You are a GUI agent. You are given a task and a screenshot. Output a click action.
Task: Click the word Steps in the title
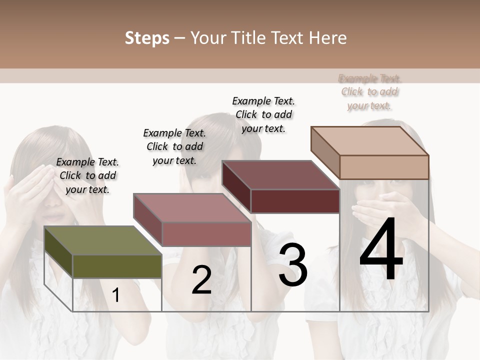point(147,38)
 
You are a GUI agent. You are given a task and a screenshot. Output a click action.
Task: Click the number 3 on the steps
point(293,264)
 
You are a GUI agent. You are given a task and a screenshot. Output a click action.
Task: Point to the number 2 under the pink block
point(201,279)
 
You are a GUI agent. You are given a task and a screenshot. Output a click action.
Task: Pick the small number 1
point(115,295)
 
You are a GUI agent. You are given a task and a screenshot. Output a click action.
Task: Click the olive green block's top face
point(102,240)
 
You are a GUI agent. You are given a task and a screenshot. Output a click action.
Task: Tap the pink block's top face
point(192,208)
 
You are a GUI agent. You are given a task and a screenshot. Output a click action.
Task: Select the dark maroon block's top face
point(280,175)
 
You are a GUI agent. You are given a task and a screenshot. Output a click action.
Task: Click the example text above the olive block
point(87,175)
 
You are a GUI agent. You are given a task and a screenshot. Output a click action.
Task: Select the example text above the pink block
point(174,146)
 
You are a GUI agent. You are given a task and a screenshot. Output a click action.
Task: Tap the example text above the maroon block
point(263,114)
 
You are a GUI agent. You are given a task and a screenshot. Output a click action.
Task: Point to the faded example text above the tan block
point(370,92)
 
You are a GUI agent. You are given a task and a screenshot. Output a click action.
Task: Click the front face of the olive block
point(117,266)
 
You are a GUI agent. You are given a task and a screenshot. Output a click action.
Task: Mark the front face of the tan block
point(384,167)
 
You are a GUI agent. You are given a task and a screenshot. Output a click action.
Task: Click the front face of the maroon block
point(295,201)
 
